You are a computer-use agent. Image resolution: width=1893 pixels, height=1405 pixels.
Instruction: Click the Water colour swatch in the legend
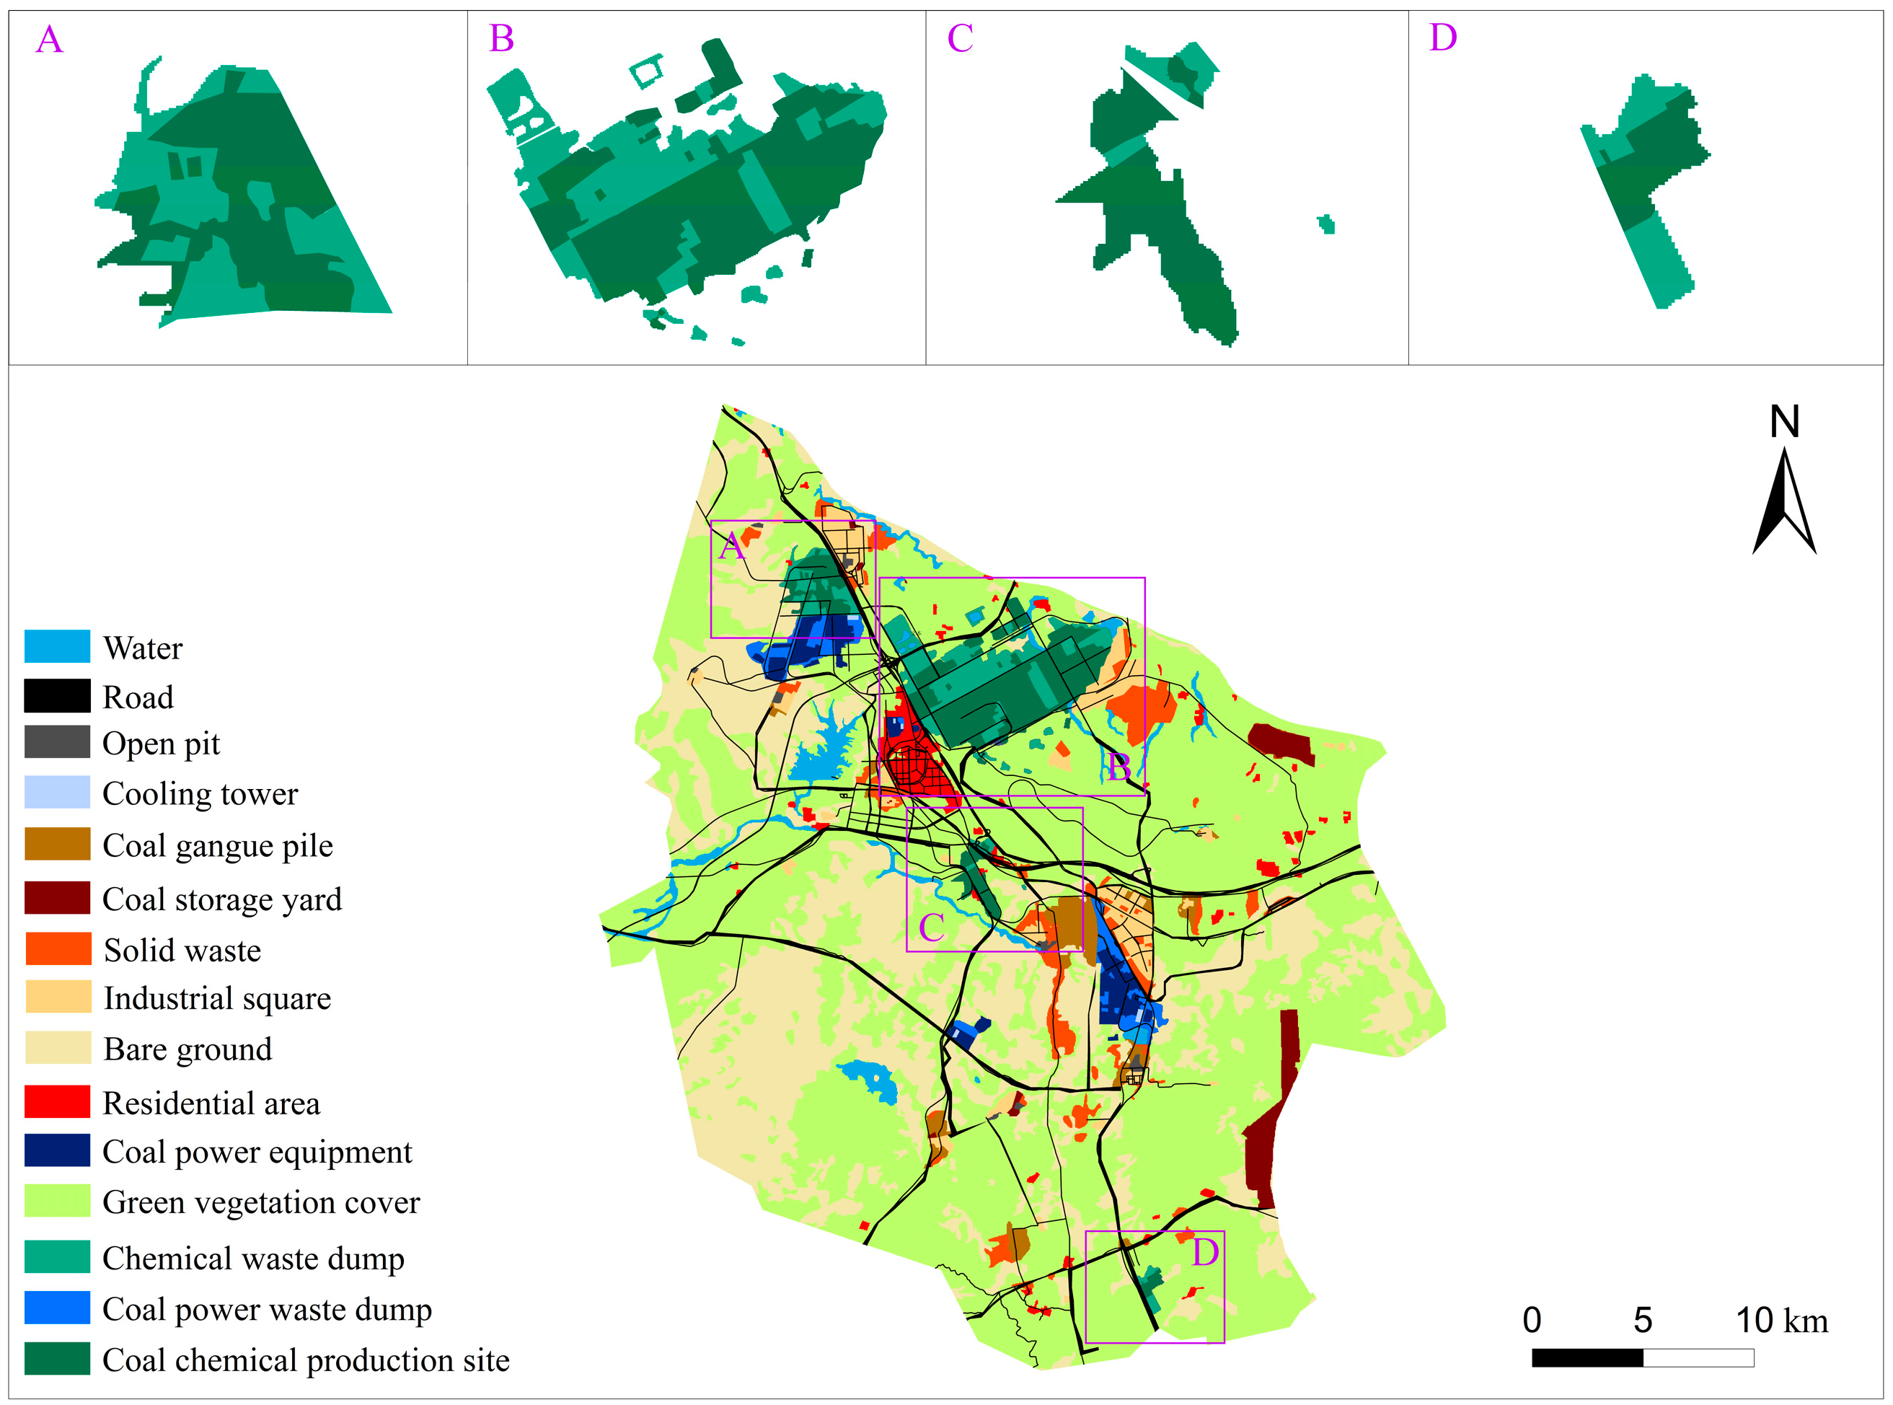pyautogui.click(x=57, y=646)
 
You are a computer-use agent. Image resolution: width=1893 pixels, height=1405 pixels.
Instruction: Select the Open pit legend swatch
pyautogui.click(x=57, y=741)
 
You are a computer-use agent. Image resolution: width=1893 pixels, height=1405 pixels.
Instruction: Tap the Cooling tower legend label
pyautogui.click(x=200, y=793)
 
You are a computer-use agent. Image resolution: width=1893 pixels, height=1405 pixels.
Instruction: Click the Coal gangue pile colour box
pyautogui.click(x=57, y=844)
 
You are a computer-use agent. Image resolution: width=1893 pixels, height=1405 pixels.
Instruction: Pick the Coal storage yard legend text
pyautogui.click(x=222, y=899)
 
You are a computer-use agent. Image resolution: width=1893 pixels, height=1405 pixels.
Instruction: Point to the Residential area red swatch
pyautogui.click(x=57, y=1101)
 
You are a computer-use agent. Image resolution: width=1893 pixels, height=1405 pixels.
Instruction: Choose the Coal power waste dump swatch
pyautogui.click(x=57, y=1307)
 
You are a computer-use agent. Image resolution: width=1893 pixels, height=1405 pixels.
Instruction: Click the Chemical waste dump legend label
pyautogui.click(x=252, y=1258)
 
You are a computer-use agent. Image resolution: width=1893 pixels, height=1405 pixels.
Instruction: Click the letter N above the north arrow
pyautogui.click(x=1784, y=422)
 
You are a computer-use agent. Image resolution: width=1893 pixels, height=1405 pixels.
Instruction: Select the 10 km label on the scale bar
pyautogui.click(x=1781, y=1321)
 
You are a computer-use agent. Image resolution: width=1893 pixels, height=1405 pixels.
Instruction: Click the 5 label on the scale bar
pyautogui.click(x=1642, y=1321)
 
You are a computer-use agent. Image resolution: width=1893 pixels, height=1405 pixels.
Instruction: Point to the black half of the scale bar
pyautogui.click(x=1587, y=1357)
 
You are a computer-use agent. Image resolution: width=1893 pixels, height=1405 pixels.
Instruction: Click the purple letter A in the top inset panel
pyautogui.click(x=49, y=40)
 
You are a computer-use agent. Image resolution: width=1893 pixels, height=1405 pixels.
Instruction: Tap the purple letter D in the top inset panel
pyautogui.click(x=1442, y=38)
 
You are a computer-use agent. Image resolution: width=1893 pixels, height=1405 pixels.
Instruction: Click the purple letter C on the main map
pyautogui.click(x=931, y=928)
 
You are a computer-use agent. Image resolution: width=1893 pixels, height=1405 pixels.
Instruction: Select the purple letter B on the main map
pyautogui.click(x=1118, y=768)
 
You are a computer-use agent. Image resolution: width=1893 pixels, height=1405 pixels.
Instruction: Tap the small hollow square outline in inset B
pyautogui.click(x=646, y=71)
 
